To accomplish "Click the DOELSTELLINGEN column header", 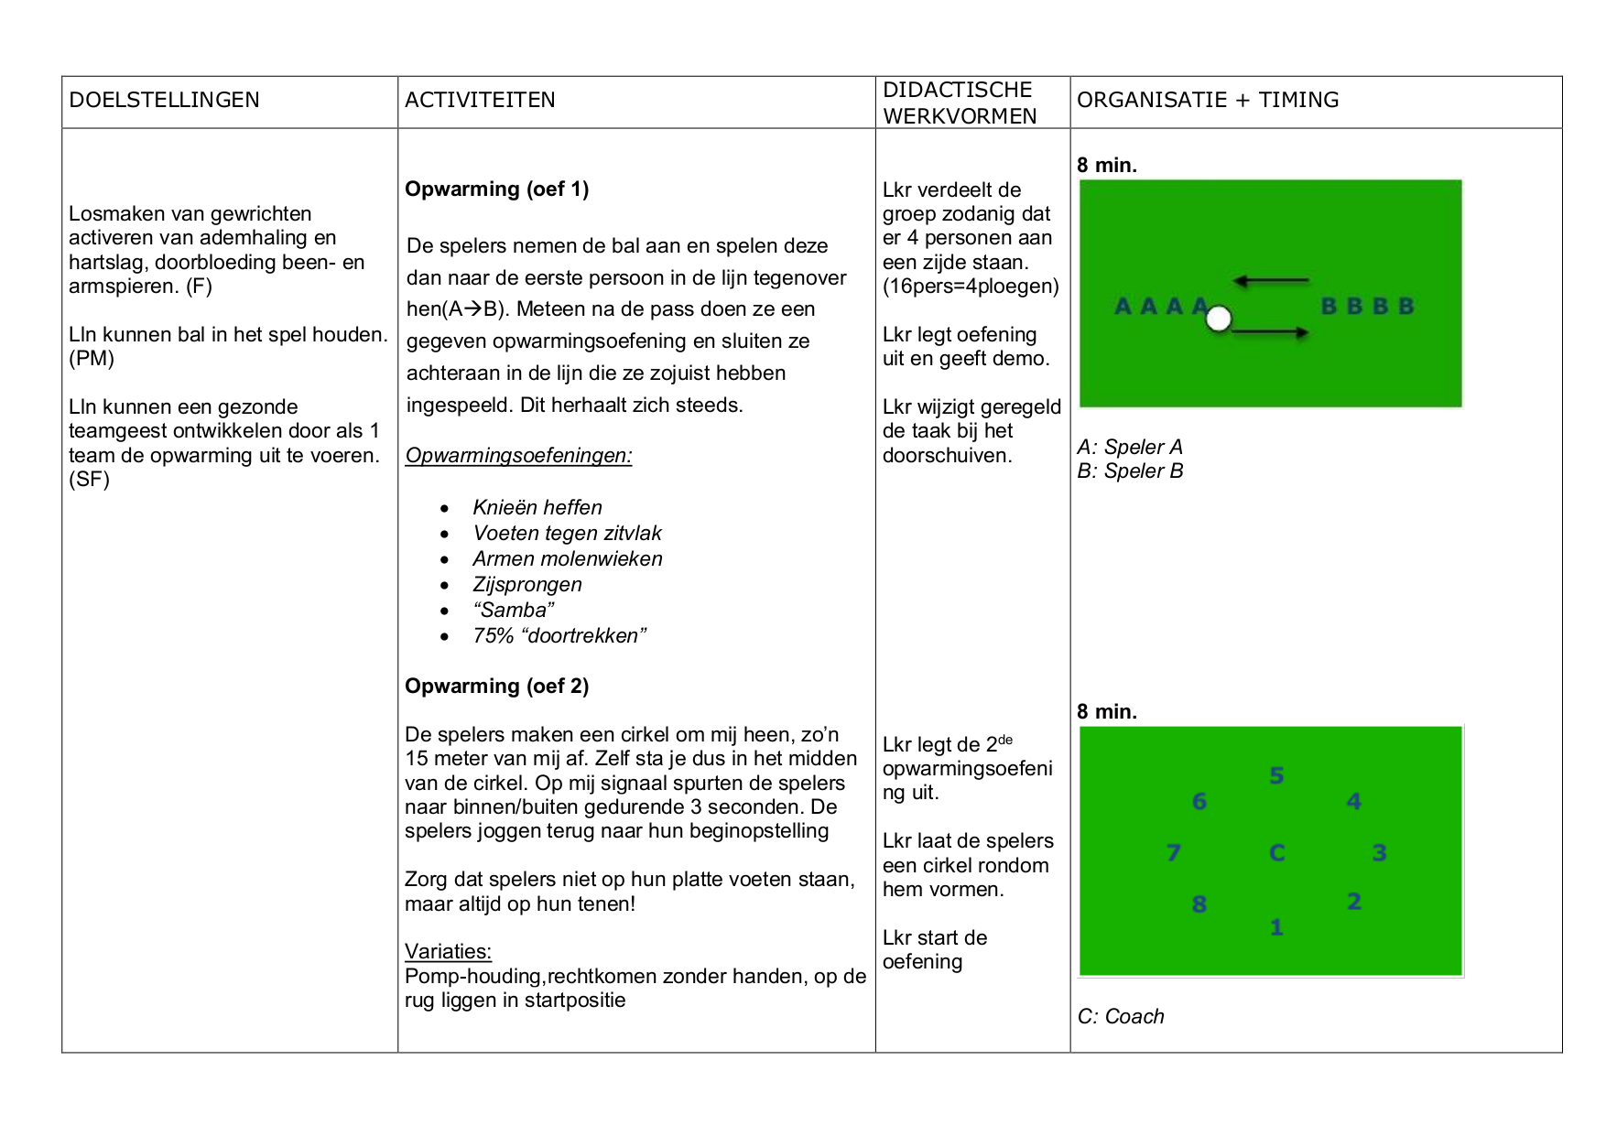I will tap(165, 100).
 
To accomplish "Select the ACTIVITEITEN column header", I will tap(480, 100).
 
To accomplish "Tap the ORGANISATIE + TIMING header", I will tap(1208, 100).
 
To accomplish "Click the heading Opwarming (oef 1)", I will tap(496, 189).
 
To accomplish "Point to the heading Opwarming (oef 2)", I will tap(496, 686).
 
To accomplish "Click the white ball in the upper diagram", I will tap(1219, 319).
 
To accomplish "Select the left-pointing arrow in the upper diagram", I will tap(1270, 280).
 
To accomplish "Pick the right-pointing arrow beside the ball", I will tap(1270, 332).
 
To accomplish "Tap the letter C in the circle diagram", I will tap(1277, 853).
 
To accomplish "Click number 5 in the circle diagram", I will tap(1276, 776).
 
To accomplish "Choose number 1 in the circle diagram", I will tap(1276, 927).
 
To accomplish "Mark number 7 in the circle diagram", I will tap(1174, 853).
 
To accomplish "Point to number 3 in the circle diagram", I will tap(1379, 853).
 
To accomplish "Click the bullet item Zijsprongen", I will tap(526, 584).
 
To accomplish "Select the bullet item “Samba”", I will tap(513, 610).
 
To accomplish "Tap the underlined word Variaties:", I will tap(448, 951).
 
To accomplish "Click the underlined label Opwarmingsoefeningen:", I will tap(518, 455).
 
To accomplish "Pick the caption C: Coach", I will tap(1121, 1016).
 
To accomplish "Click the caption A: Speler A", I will tap(1130, 447).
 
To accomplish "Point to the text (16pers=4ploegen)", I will tap(971, 286).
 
